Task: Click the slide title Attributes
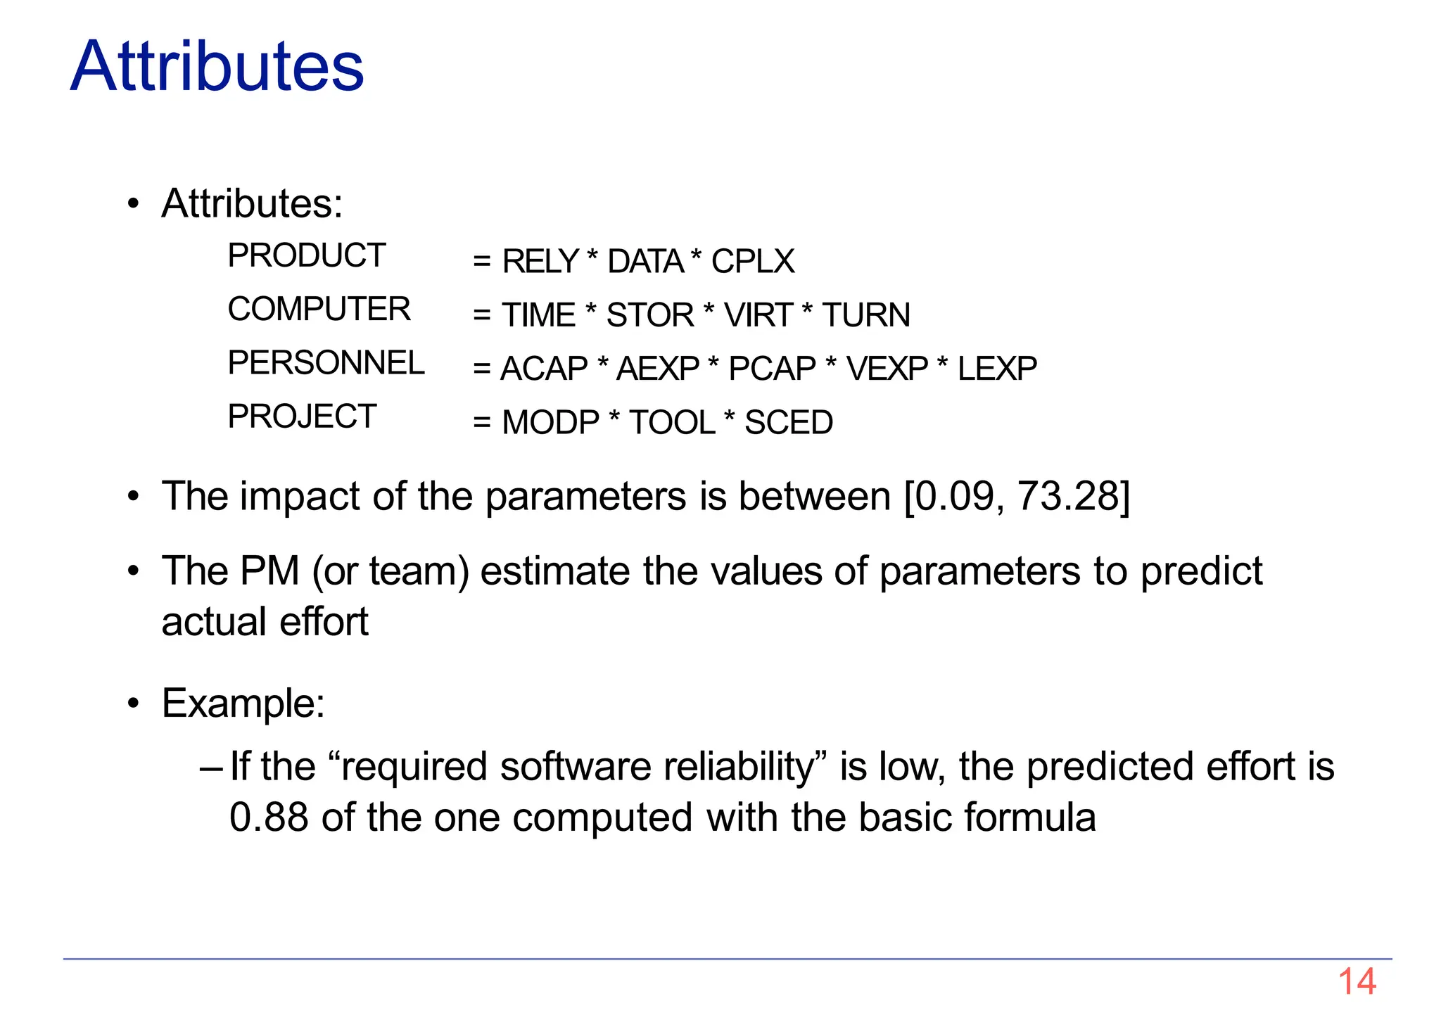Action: (x=217, y=66)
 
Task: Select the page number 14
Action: (x=1357, y=981)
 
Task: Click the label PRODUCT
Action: (x=307, y=255)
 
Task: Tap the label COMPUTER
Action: (x=319, y=310)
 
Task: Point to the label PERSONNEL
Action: (x=326, y=363)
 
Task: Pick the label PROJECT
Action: (x=302, y=416)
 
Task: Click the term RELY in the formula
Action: (x=540, y=262)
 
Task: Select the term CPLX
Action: (x=752, y=262)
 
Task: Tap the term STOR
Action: (x=650, y=315)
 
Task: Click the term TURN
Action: (x=866, y=315)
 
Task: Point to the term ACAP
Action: (x=544, y=369)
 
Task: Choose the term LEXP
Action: (x=997, y=369)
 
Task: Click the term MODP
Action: (x=550, y=423)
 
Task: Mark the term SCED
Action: (x=788, y=423)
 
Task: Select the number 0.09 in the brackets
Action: (x=954, y=496)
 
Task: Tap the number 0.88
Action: (x=269, y=817)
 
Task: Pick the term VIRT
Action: (x=758, y=315)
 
